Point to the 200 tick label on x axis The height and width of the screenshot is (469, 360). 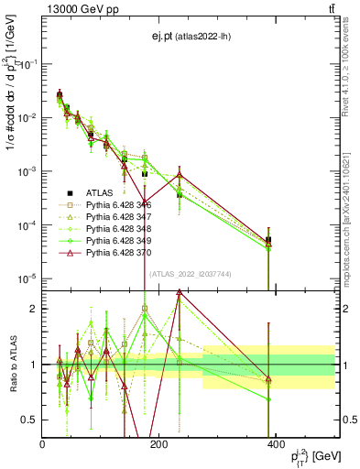(x=158, y=444)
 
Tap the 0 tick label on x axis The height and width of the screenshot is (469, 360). (x=42, y=444)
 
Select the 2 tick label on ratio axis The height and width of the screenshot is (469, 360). (x=34, y=309)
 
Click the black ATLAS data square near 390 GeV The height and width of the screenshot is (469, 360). (x=268, y=240)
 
